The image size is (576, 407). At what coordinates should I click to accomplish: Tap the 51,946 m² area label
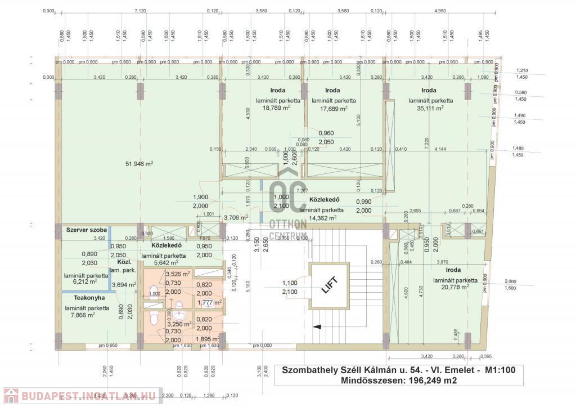[139, 164]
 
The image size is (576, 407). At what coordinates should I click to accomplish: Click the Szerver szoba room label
[87, 230]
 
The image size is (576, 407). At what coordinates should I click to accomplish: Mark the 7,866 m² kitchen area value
[79, 315]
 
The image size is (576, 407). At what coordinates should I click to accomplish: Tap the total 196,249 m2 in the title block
[427, 381]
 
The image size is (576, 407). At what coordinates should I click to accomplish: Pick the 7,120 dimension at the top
[140, 11]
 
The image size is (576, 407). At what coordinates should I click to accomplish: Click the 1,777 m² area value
[209, 302]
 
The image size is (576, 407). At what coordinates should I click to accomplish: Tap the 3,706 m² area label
[236, 217]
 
